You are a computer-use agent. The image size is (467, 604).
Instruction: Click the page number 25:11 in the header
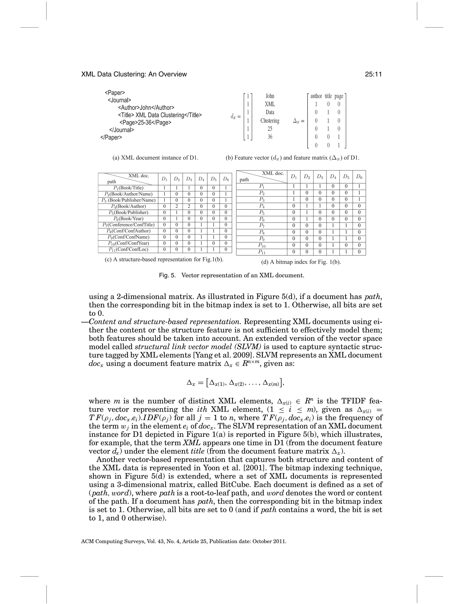tap(373, 74)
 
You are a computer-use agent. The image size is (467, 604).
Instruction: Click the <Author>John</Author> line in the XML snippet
tap(146, 108)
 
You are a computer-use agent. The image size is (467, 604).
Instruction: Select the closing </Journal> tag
tap(122, 130)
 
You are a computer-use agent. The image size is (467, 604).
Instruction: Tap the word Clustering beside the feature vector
tap(270, 121)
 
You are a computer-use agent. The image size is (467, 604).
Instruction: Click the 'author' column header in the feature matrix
tap(316, 96)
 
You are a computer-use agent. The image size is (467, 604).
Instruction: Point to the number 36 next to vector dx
tap(270, 137)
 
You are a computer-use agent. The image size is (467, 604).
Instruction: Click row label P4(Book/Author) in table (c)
tap(128, 206)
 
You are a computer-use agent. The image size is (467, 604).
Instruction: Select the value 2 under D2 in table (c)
tap(176, 206)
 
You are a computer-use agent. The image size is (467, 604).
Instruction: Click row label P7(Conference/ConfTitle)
tap(128, 225)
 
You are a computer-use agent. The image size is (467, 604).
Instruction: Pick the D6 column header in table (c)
tap(226, 179)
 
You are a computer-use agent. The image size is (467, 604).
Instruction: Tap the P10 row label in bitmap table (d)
tap(262, 245)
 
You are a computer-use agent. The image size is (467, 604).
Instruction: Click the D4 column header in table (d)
tap(333, 177)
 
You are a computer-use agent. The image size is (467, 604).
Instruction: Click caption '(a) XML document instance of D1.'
tap(155, 158)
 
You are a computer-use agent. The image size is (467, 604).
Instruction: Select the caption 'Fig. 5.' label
tap(167, 276)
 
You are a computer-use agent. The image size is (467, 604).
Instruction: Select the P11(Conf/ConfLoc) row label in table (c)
tap(128, 249)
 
